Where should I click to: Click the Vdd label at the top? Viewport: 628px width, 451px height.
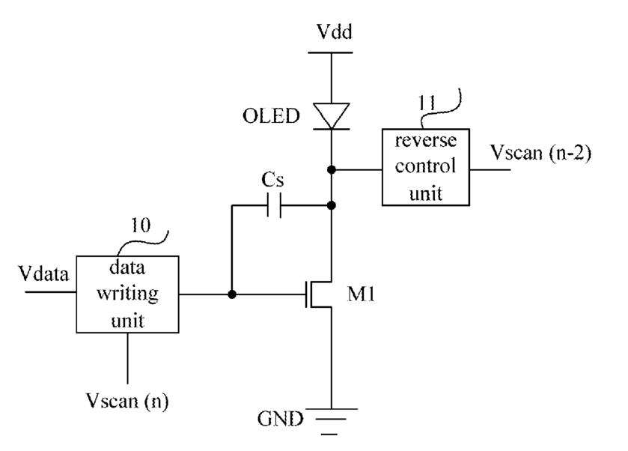(x=335, y=31)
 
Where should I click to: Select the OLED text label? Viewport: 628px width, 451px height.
(x=271, y=116)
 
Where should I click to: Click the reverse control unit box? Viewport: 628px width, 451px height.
(x=426, y=167)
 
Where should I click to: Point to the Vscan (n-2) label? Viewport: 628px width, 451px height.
(x=540, y=153)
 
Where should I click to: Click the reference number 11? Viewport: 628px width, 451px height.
(x=427, y=103)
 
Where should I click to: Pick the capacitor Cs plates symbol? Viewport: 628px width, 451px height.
(x=275, y=205)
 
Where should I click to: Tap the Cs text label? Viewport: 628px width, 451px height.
(x=272, y=180)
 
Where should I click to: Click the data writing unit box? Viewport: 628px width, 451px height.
(x=127, y=294)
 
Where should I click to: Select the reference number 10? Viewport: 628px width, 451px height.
(x=141, y=225)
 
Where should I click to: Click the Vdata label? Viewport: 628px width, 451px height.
(x=43, y=274)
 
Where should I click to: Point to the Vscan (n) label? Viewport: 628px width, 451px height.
(x=127, y=401)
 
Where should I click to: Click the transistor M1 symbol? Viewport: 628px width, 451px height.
(x=319, y=294)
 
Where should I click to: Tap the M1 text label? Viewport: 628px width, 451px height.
(x=361, y=294)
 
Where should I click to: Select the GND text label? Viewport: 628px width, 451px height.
(x=281, y=419)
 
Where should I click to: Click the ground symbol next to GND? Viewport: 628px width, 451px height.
(x=332, y=421)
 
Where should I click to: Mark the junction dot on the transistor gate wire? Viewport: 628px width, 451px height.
(x=232, y=294)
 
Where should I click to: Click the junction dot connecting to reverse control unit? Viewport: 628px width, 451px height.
(x=332, y=169)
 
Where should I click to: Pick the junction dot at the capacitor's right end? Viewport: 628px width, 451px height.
(x=332, y=206)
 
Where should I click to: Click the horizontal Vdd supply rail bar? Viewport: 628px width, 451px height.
(x=330, y=52)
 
